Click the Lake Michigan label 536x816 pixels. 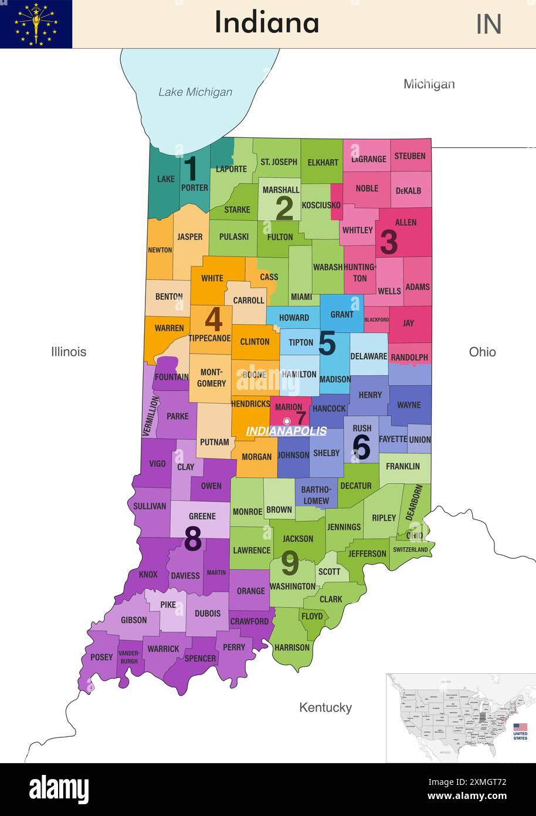click(195, 92)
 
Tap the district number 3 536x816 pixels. click(389, 242)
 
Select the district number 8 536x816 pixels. click(193, 539)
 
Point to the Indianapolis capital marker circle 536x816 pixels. click(287, 421)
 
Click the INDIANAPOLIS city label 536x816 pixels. click(286, 431)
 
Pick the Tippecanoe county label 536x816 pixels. click(209, 338)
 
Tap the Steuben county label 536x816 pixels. click(410, 156)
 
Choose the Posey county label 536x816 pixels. click(101, 657)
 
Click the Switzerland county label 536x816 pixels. click(411, 549)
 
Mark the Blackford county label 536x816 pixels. click(376, 320)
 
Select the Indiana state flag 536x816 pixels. click(36, 24)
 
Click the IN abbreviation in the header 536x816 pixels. click(488, 24)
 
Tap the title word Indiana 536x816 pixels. click(267, 23)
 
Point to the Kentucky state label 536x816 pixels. click(325, 707)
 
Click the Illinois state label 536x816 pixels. click(69, 352)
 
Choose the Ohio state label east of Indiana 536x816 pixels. click(482, 352)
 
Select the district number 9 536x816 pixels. click(290, 563)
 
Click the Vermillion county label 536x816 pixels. click(151, 416)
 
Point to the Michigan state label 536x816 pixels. click(429, 84)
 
